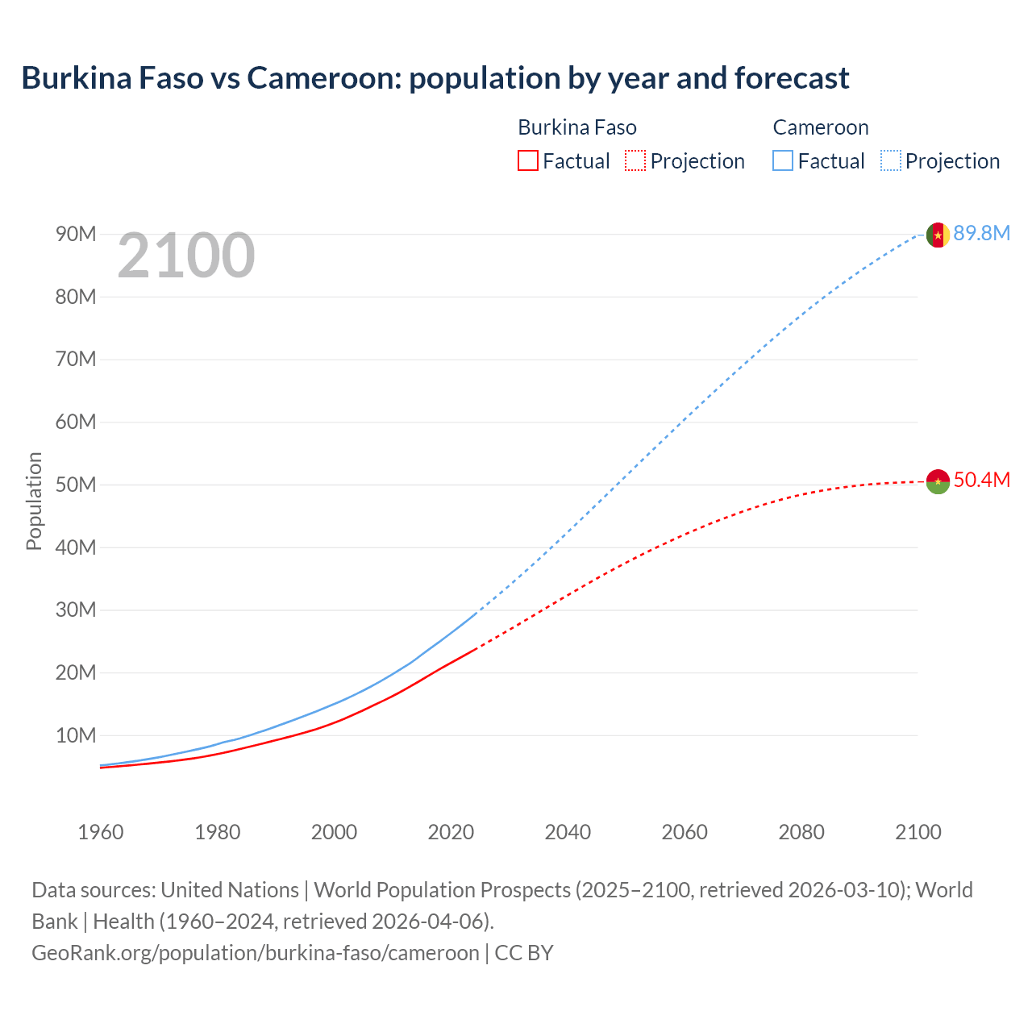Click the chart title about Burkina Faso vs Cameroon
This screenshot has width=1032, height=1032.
[435, 78]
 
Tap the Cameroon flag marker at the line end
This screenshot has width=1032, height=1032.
[937, 235]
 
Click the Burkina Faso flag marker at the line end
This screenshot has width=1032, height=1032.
[937, 481]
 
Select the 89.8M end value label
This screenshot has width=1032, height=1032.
[981, 234]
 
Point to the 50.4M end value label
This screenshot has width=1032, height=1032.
[981, 481]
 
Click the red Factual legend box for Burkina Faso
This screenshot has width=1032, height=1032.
[528, 160]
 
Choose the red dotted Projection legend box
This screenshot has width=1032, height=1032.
[635, 160]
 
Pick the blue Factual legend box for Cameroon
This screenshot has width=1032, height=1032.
[783, 160]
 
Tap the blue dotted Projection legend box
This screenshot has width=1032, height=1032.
[891, 160]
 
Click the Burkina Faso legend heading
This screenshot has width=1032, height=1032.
[577, 127]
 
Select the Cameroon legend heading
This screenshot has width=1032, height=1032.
[821, 127]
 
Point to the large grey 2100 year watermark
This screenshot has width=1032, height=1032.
[186, 256]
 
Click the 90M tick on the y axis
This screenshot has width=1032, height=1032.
[76, 235]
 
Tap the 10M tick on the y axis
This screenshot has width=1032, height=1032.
[76, 735]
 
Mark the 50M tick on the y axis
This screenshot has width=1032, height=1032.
[76, 485]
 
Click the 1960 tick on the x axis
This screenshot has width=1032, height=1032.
[101, 832]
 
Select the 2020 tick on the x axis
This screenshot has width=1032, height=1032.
[451, 832]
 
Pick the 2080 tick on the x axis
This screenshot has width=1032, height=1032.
[801, 832]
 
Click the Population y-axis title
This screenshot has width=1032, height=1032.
[34, 501]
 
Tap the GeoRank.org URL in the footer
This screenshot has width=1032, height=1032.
[256, 953]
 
